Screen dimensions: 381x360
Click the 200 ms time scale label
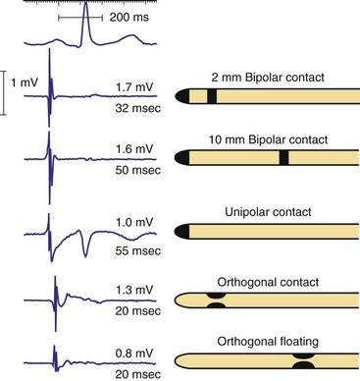pos(129,18)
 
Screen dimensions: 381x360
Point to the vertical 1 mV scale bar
pos(5,92)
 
